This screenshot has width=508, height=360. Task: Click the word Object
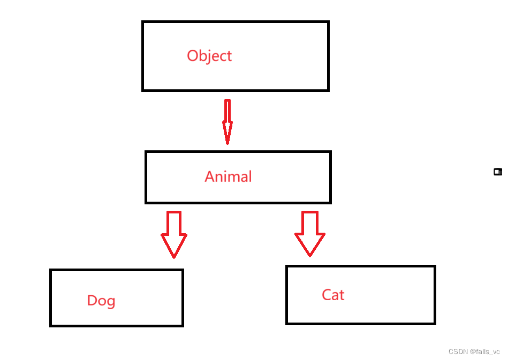(x=209, y=56)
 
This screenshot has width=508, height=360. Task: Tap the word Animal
(x=228, y=177)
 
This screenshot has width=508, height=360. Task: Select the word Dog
(x=101, y=301)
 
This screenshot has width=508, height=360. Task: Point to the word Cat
(x=333, y=295)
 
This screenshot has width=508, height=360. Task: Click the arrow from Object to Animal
(x=228, y=121)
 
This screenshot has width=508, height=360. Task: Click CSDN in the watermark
(x=458, y=351)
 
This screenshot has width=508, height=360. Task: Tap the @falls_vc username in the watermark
(x=485, y=351)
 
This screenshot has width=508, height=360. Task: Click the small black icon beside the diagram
(x=498, y=172)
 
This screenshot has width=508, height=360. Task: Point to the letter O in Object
(x=193, y=56)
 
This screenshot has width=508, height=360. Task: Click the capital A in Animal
(x=210, y=177)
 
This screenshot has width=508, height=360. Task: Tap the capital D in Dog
(x=92, y=300)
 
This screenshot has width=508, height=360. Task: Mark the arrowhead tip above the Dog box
(x=174, y=257)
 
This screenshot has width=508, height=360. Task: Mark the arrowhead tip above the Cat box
(x=310, y=256)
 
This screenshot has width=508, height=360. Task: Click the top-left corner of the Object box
(x=143, y=22)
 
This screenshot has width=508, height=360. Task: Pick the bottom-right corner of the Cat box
(x=434, y=323)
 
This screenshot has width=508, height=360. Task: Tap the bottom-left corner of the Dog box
(x=51, y=325)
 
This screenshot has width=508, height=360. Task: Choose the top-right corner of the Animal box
(x=330, y=152)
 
